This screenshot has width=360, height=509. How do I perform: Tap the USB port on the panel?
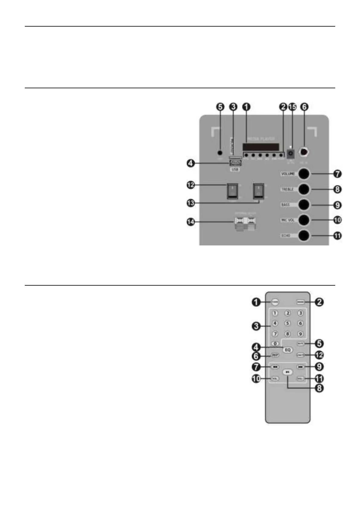click(235, 164)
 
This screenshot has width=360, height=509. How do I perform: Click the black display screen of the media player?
click(261, 147)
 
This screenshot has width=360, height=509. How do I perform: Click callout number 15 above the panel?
click(292, 107)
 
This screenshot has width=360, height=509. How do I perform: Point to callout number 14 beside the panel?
click(191, 222)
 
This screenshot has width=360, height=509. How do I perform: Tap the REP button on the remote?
click(275, 355)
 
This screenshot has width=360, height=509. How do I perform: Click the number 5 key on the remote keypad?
click(288, 323)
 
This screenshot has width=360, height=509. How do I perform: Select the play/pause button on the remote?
click(288, 372)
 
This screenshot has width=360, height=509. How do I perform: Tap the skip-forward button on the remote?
click(300, 367)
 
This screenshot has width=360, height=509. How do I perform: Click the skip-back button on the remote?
click(275, 367)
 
